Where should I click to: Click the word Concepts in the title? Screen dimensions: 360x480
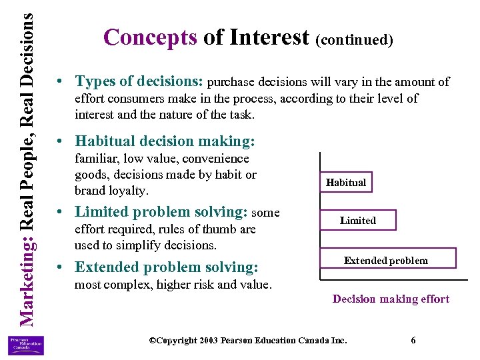point(151,37)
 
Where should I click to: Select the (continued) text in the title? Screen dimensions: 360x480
point(355,39)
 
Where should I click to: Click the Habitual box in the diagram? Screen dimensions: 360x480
point(346,182)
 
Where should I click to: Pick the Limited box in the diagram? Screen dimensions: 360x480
point(358,221)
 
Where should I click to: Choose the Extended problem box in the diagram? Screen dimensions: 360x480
point(386,260)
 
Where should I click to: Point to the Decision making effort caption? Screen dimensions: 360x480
point(391,299)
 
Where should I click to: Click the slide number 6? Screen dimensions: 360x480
point(413,340)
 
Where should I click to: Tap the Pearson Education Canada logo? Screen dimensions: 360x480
point(26,345)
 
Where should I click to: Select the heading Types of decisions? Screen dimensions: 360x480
point(139,82)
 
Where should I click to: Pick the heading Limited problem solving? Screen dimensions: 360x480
point(161,212)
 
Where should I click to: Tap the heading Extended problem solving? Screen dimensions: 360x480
point(166,267)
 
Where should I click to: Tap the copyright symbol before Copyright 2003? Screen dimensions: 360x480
point(153,340)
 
